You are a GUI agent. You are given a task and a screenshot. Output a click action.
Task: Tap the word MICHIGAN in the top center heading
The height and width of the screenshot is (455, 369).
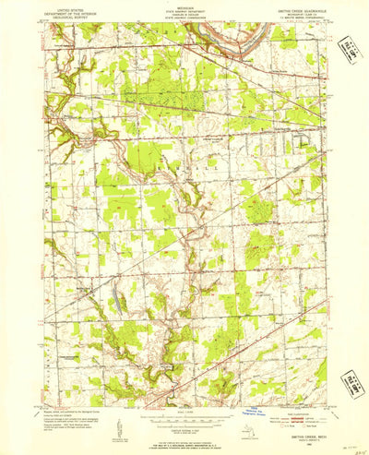pyautogui.click(x=184, y=5)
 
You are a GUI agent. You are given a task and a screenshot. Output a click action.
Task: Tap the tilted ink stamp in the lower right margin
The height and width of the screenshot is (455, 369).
pyautogui.click(x=351, y=382)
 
